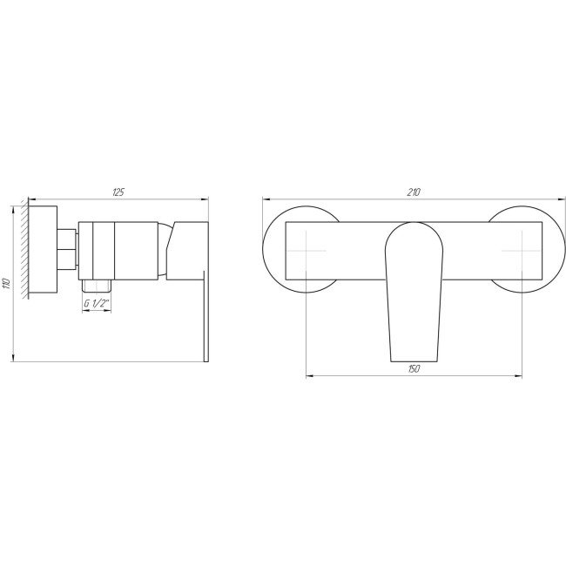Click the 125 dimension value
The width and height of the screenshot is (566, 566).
click(x=118, y=191)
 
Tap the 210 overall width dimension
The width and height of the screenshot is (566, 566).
click(x=414, y=192)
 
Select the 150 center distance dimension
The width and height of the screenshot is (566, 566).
click(x=414, y=370)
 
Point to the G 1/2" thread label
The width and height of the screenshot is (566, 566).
click(x=96, y=304)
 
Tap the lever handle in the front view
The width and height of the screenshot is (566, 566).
click(x=413, y=287)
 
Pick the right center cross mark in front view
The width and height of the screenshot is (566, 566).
click(x=521, y=253)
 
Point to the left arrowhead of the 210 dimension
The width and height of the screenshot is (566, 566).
click(x=266, y=198)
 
